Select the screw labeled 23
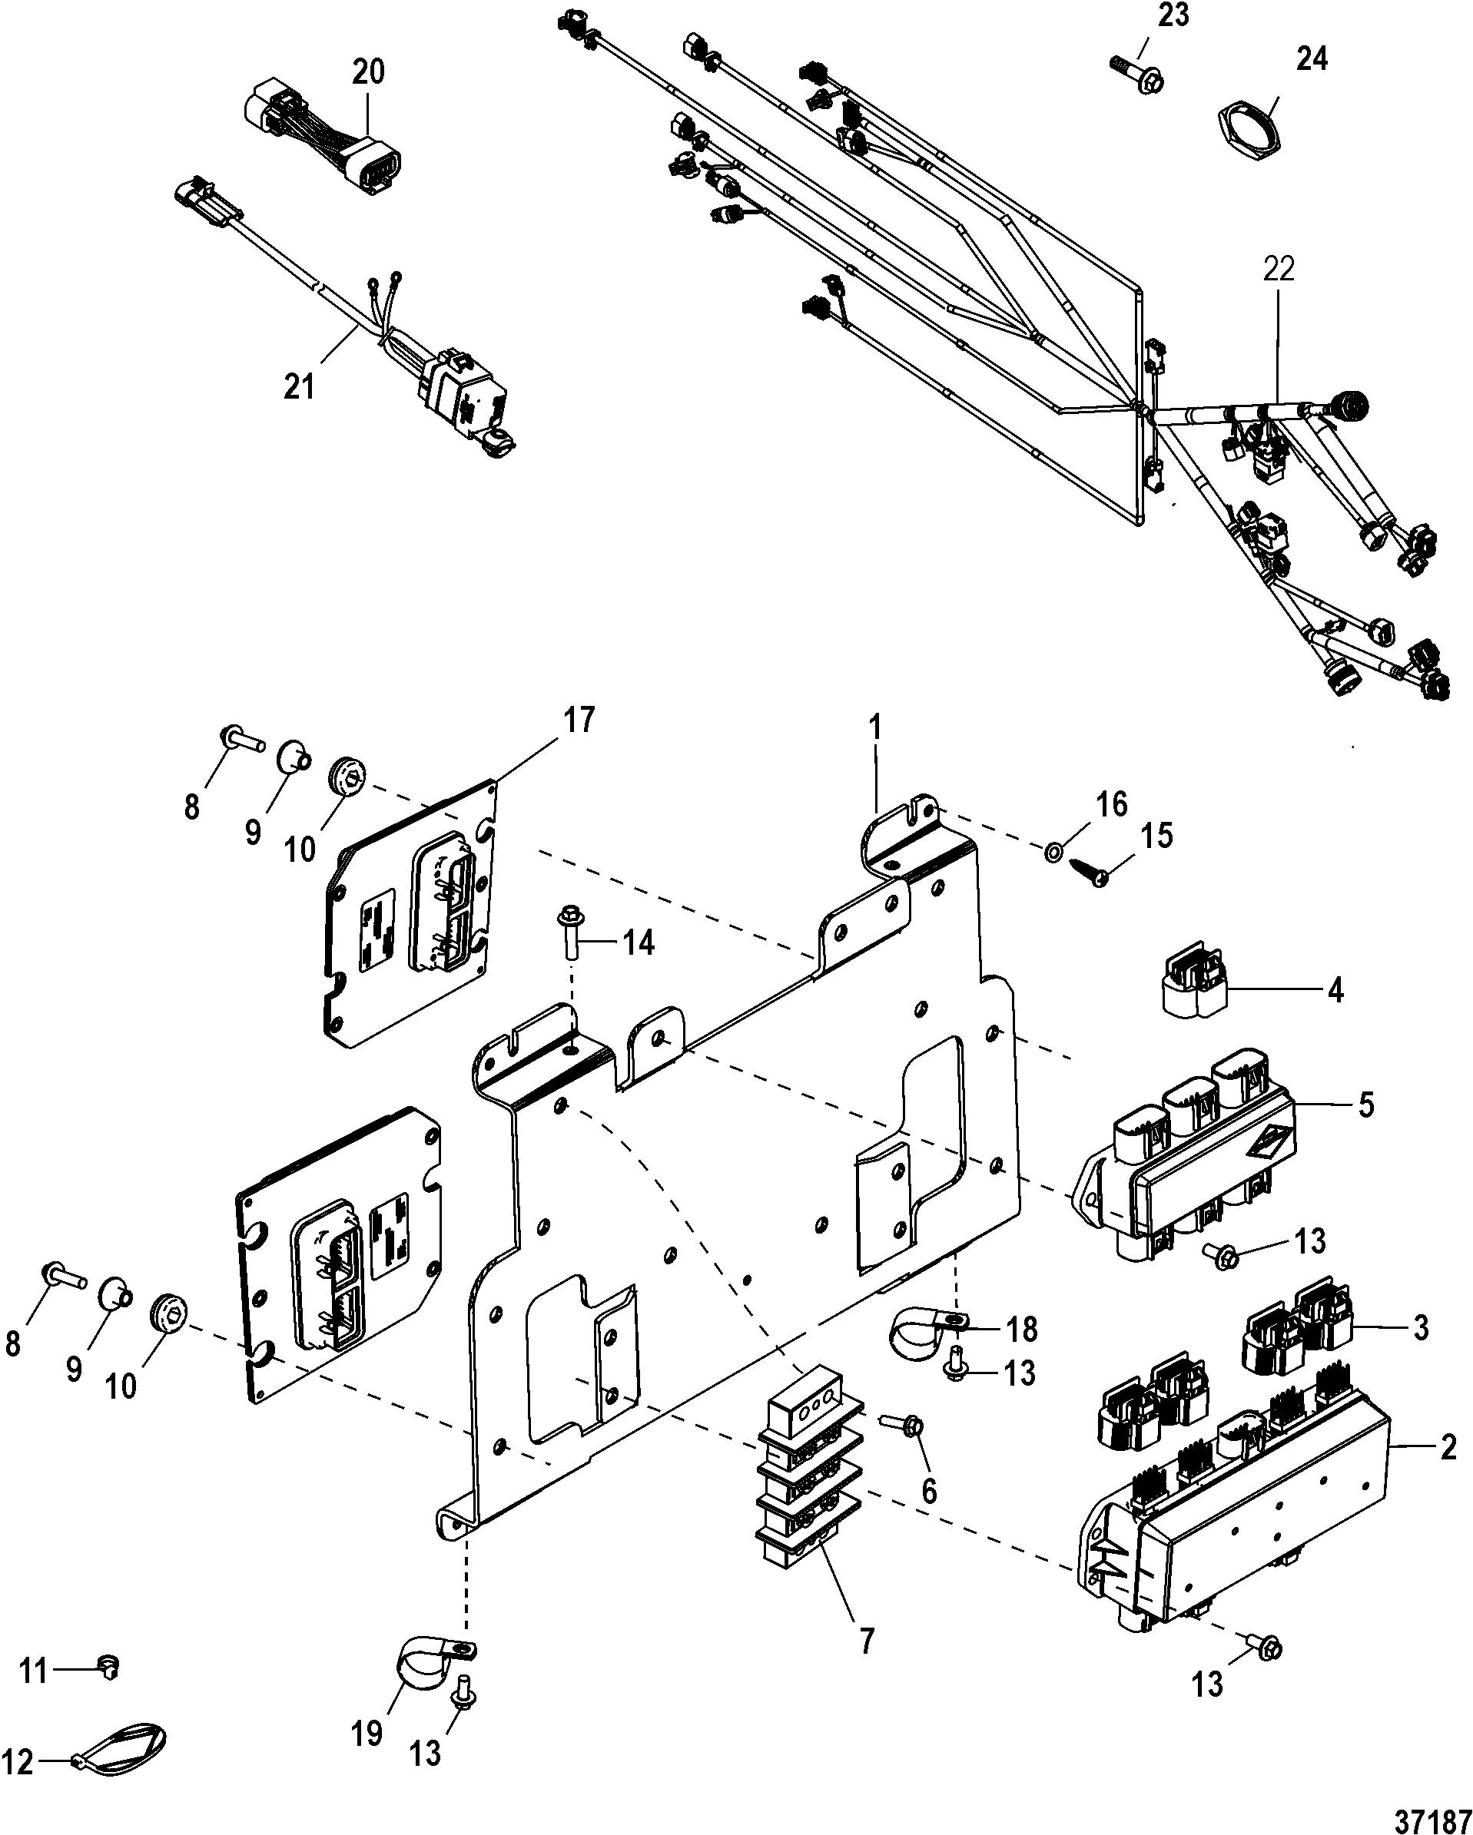coord(1136,73)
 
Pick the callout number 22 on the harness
coord(1279,268)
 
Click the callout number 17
coord(577,721)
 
